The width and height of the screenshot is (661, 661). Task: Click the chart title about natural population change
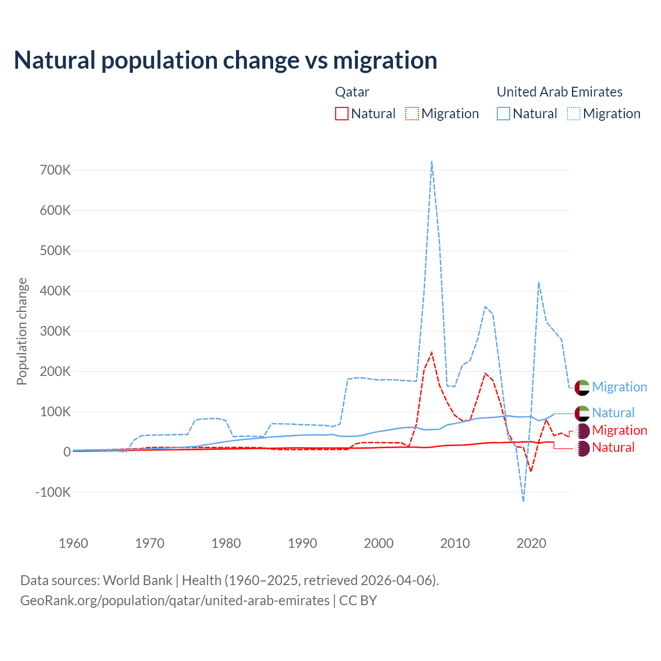(x=225, y=60)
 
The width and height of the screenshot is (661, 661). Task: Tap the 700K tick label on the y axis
(x=55, y=170)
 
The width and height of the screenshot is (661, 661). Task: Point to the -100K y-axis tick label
(x=53, y=492)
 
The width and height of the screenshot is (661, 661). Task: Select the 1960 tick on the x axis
(x=73, y=543)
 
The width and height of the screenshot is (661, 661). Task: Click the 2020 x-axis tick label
(x=531, y=543)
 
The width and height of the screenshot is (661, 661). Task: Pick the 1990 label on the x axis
(x=302, y=543)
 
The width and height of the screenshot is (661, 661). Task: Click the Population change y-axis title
(x=22, y=331)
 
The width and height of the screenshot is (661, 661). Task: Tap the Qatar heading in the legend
(x=352, y=92)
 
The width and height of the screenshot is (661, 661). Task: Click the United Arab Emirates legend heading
(x=559, y=92)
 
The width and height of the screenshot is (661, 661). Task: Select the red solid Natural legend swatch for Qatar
(x=342, y=114)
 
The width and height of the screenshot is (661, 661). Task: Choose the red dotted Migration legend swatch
(x=412, y=114)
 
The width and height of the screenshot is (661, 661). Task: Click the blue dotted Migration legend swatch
(x=574, y=114)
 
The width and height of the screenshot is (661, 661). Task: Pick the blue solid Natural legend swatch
(x=503, y=114)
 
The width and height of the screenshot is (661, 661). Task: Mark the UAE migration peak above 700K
(x=432, y=162)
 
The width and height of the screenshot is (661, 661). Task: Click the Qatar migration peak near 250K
(x=432, y=353)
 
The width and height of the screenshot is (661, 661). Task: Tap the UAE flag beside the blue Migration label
(x=582, y=387)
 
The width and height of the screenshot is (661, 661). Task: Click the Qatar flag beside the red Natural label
(x=582, y=448)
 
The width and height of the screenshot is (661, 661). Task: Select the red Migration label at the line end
(x=619, y=430)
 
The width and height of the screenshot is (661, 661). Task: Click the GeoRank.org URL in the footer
(x=175, y=601)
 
